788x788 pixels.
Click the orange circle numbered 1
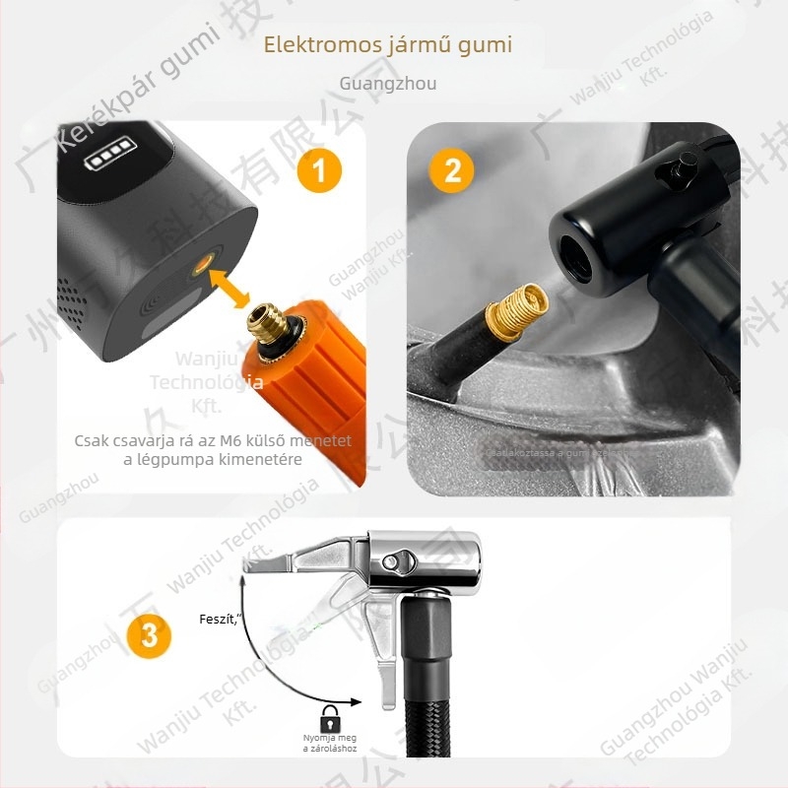(317, 171)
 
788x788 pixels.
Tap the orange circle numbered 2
(452, 170)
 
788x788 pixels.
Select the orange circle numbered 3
(148, 635)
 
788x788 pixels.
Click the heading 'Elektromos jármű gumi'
(388, 45)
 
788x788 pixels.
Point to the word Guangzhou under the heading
(387, 84)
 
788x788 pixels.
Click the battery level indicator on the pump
(110, 158)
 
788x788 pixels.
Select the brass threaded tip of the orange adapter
(267, 324)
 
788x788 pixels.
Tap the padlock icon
(329, 716)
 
